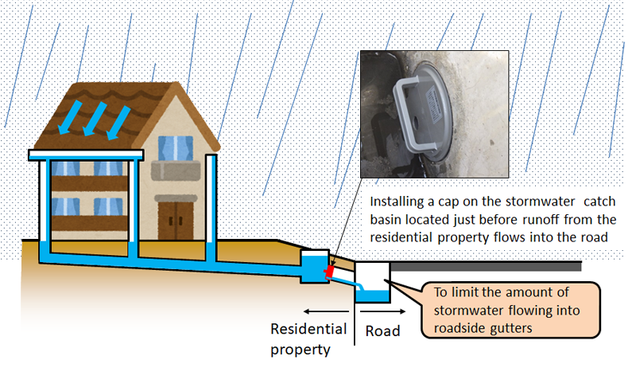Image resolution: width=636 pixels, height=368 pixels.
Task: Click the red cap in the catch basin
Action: click(328, 272)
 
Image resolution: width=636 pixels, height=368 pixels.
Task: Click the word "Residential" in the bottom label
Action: click(308, 328)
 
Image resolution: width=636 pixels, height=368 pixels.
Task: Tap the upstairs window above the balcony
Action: click(175, 149)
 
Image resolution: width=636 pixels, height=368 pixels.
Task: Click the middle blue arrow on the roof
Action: click(95, 118)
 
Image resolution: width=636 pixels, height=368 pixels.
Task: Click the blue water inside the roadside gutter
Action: click(371, 296)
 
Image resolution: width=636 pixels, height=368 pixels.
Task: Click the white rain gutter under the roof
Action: click(86, 154)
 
